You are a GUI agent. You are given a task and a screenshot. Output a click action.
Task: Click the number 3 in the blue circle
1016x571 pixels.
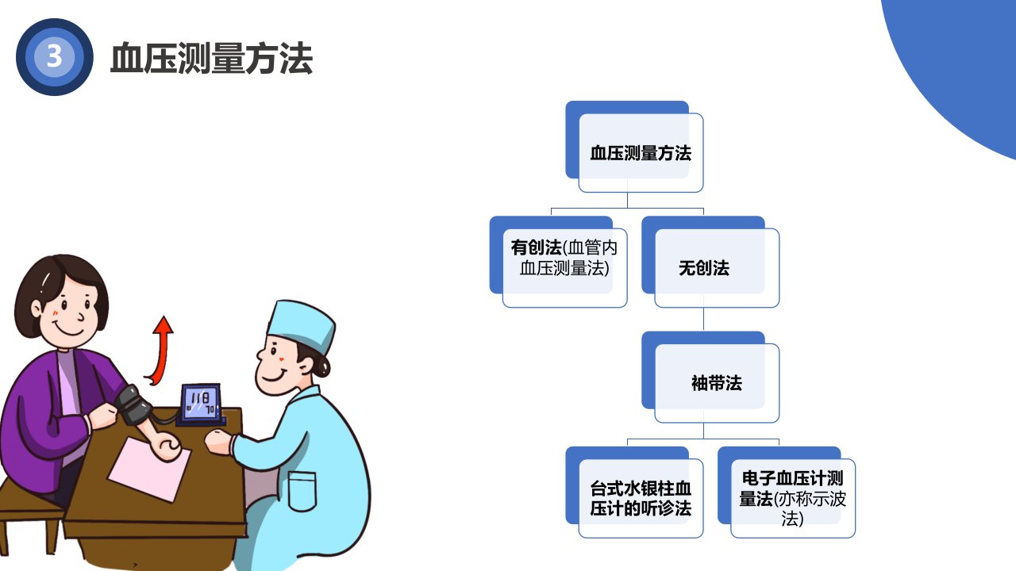tap(54, 56)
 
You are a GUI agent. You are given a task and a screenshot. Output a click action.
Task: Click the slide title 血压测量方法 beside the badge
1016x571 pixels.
tap(212, 58)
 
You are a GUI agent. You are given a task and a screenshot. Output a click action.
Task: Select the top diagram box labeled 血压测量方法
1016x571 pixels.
tap(634, 147)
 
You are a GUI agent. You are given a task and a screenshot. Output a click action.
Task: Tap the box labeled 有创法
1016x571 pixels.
tap(558, 262)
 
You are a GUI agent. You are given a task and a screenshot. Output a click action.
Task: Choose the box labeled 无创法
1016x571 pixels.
tap(710, 262)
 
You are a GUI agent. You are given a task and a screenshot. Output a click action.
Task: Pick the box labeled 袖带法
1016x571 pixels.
tap(710, 377)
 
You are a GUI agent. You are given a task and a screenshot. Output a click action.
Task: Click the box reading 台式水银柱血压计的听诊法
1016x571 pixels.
tap(634, 492)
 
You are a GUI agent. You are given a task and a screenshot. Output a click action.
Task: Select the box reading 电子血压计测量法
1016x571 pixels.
tap(787, 492)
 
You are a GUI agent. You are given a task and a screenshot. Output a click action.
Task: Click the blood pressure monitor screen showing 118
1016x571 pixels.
tap(201, 402)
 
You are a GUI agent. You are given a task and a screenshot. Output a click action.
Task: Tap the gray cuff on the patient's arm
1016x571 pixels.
tap(133, 404)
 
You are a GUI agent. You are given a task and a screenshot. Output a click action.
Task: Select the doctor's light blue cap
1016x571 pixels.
tap(301, 325)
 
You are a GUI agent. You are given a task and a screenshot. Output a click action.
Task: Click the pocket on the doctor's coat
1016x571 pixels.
tap(302, 491)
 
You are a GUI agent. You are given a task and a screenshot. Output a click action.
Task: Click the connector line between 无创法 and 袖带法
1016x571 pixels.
tap(703, 319)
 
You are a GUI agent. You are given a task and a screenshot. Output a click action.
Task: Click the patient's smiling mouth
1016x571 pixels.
tap(68, 328)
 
